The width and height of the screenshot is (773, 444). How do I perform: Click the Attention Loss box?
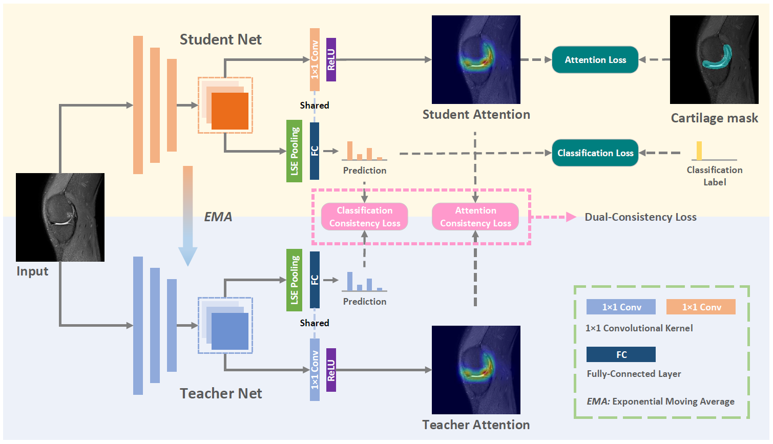point(595,60)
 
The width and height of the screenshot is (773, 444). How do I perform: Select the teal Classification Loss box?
point(595,153)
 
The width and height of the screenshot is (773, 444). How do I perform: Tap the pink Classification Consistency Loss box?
point(364,217)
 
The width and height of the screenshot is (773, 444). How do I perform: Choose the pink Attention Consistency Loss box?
point(475,217)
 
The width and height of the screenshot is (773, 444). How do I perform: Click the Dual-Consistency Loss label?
point(640,217)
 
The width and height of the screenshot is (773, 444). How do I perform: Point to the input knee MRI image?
point(60,217)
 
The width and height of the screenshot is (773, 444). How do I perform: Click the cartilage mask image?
point(714,59)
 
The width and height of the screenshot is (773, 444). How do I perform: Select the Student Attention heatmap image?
point(476,59)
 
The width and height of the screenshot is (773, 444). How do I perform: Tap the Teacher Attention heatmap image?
point(476,370)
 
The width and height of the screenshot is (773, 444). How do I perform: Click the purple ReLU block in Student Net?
point(331,60)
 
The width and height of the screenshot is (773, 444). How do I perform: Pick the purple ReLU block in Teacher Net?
point(331,370)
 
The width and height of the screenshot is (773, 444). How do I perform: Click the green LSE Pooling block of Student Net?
point(294,151)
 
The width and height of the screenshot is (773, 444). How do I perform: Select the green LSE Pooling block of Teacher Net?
point(294,280)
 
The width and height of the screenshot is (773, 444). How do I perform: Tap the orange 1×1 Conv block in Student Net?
point(315,60)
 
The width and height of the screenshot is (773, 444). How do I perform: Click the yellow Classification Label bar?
point(699,151)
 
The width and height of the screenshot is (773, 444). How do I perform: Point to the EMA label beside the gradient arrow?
point(218,217)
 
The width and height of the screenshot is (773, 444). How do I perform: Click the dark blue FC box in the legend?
point(621,354)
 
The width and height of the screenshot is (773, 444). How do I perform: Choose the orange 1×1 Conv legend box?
point(701,307)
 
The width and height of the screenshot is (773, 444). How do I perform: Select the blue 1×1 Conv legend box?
point(621,307)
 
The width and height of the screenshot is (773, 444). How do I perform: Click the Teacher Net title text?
point(221,393)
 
